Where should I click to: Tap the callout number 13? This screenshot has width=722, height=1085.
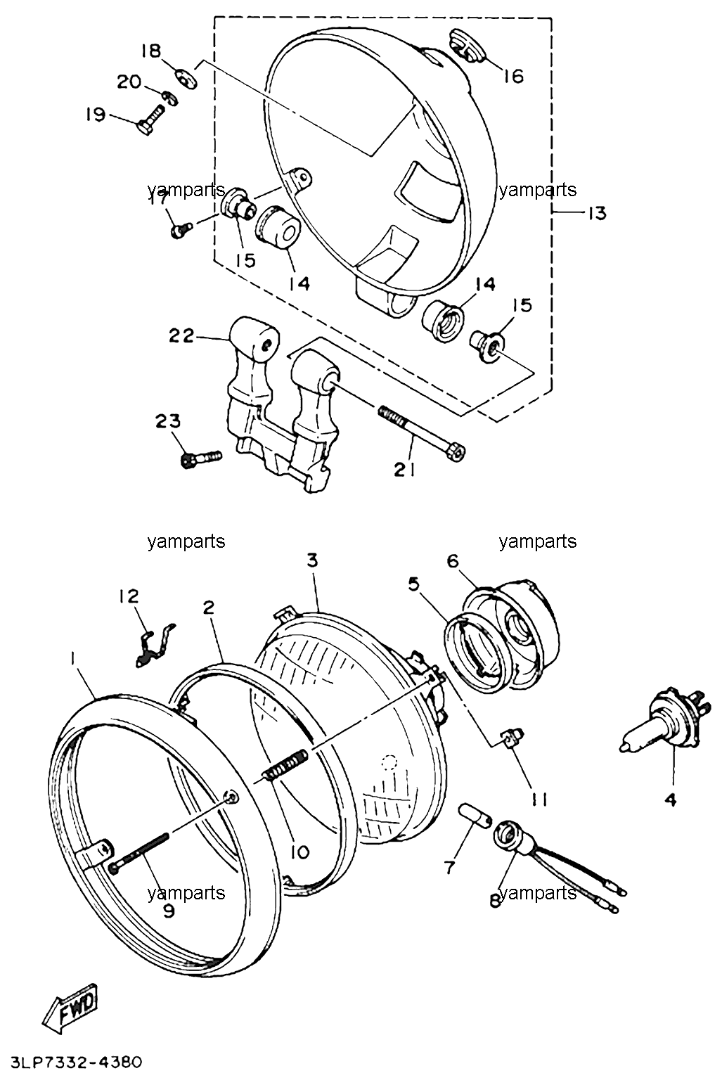597,213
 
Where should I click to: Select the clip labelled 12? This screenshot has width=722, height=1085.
155,646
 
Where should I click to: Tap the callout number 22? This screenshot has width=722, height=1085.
181,335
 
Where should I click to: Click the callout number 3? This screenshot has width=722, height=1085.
312,560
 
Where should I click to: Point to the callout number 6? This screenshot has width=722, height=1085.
452,561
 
